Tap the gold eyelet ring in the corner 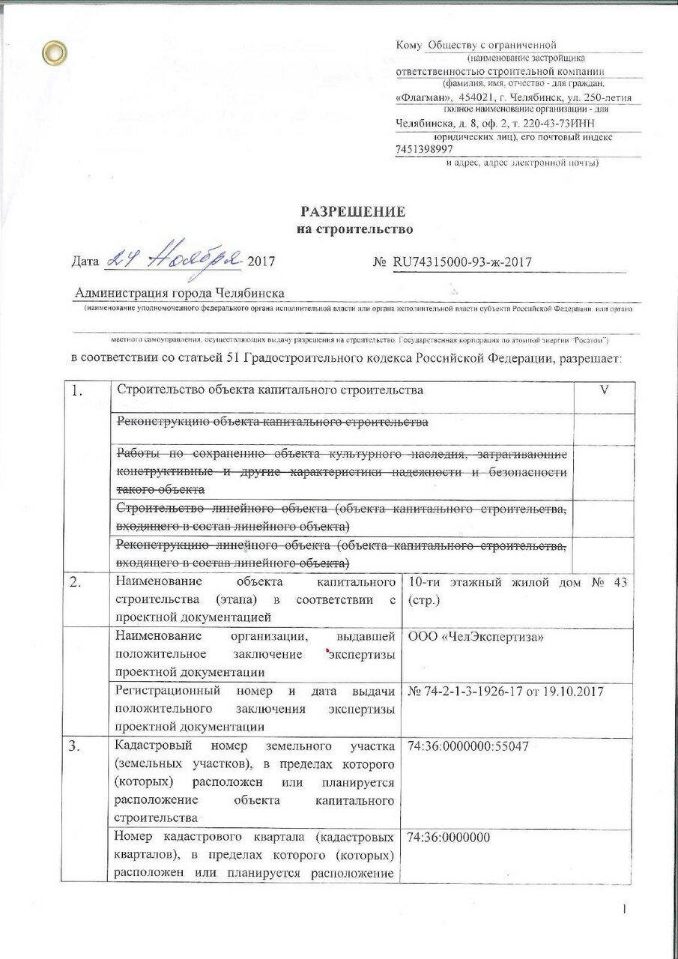(x=54, y=52)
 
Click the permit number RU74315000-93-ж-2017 (x=461, y=261)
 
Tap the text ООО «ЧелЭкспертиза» (x=476, y=636)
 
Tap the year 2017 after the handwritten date (x=261, y=262)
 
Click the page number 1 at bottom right (x=623, y=909)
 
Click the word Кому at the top (x=410, y=46)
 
